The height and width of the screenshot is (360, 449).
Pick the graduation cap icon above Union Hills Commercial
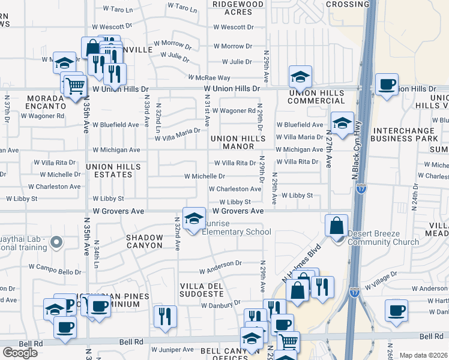(300, 76)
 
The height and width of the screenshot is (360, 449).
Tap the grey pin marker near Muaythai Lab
(56, 243)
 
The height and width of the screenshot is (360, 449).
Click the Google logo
(20, 352)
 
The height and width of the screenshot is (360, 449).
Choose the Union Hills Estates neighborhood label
(109, 170)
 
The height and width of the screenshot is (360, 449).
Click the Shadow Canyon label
(144, 242)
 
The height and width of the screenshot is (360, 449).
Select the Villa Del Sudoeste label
(202, 289)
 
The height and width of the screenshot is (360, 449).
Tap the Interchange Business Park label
(405, 135)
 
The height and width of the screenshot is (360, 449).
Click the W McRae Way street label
(209, 78)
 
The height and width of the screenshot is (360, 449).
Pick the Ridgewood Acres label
(238, 8)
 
